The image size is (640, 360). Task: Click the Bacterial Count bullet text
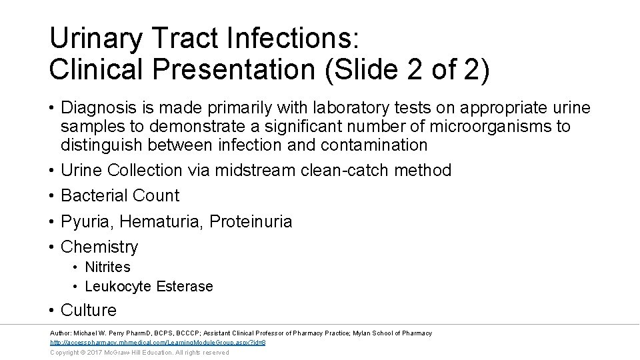(x=120, y=196)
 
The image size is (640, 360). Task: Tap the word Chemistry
(x=99, y=247)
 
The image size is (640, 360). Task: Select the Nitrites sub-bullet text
(x=107, y=267)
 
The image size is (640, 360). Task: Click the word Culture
(x=88, y=311)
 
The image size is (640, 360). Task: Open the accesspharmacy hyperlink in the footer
(x=158, y=343)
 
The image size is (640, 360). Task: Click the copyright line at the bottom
(x=139, y=353)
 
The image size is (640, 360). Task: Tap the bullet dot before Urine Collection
(x=51, y=171)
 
